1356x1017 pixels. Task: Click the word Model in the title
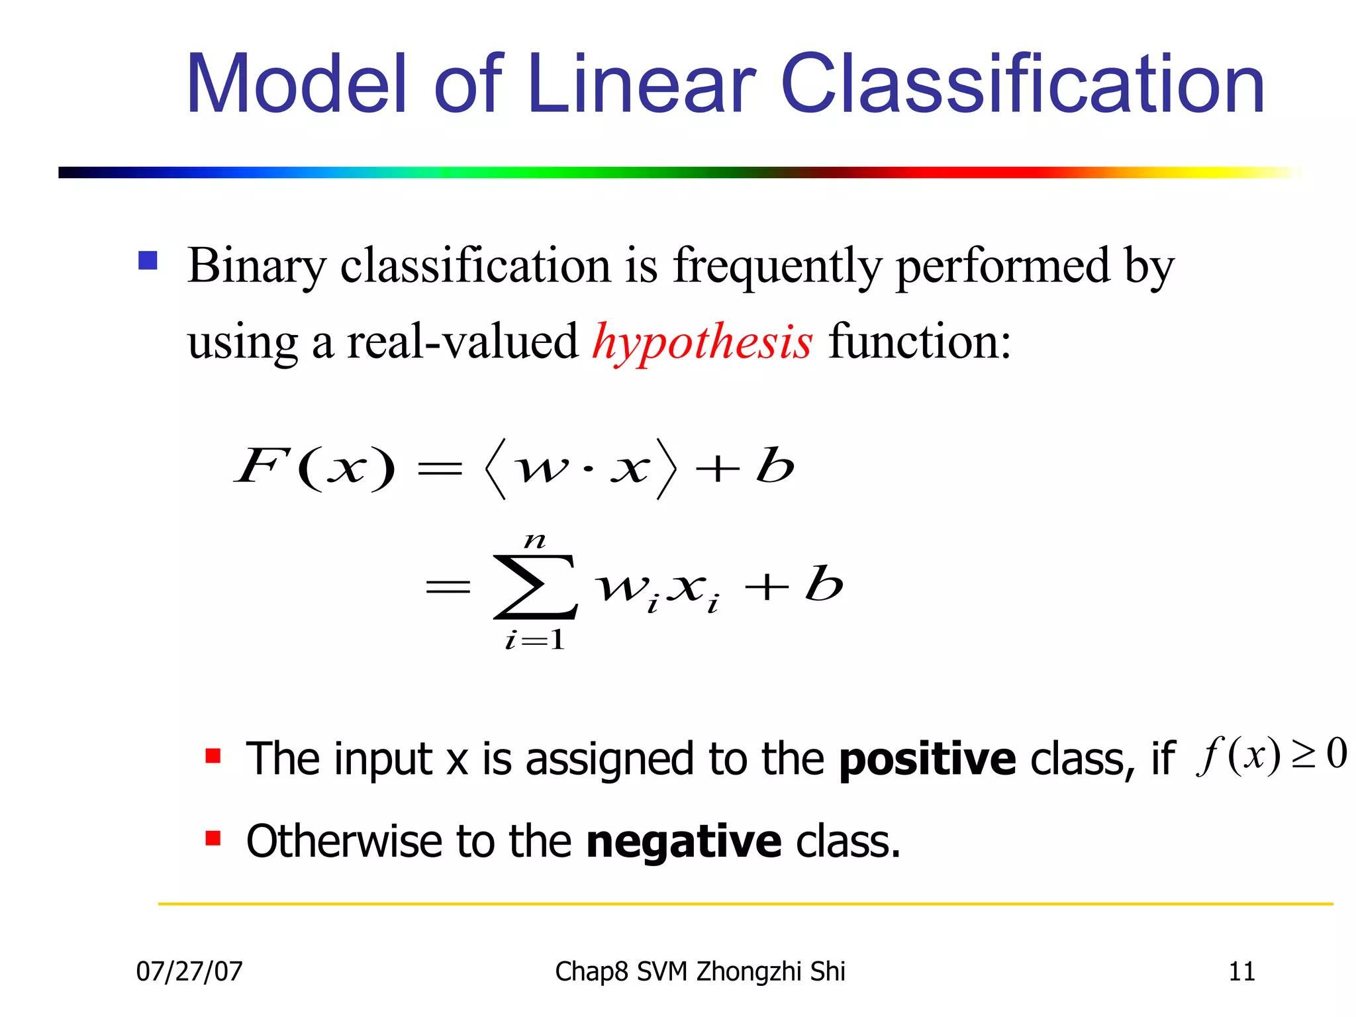click(x=295, y=85)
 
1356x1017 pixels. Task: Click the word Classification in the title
click(x=1023, y=85)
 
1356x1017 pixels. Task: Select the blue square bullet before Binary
click(x=148, y=260)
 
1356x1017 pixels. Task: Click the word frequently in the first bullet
click(x=777, y=266)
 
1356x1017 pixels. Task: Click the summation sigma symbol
click(x=535, y=587)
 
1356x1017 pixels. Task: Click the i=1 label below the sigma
click(x=535, y=640)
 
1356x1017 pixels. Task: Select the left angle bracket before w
click(x=495, y=469)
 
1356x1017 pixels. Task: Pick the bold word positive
click(x=927, y=759)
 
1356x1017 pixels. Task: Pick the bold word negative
click(x=684, y=842)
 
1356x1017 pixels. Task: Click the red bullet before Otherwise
click(x=213, y=839)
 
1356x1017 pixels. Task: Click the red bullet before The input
click(x=213, y=756)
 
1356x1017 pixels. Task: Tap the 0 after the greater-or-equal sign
click(x=1337, y=754)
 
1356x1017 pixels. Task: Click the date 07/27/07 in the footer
click(x=189, y=971)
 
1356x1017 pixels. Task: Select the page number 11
click(x=1241, y=971)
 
